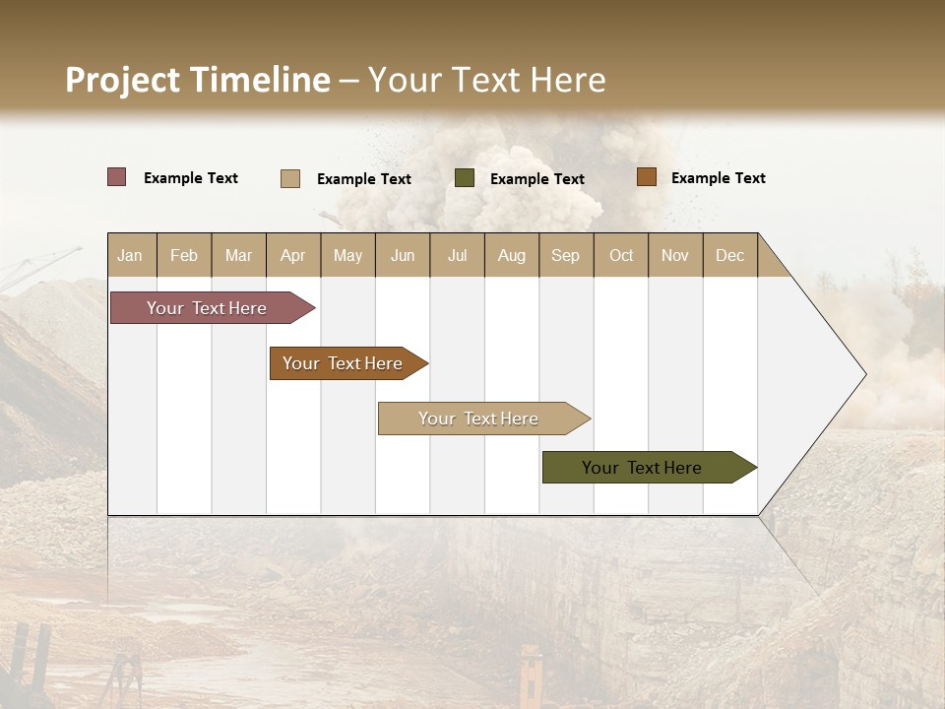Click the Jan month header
tap(130, 255)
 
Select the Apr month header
tap(292, 255)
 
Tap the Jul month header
tap(457, 255)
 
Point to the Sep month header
tap(565, 255)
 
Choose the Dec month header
tap(729, 255)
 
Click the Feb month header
tap(184, 255)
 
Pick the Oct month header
tap(621, 255)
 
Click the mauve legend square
tap(117, 177)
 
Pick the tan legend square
tap(290, 178)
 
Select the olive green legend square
tap(465, 178)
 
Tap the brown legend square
tap(646, 177)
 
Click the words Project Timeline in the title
tap(197, 80)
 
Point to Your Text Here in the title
tap(486, 80)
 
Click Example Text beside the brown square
tap(718, 178)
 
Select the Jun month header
tap(403, 255)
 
